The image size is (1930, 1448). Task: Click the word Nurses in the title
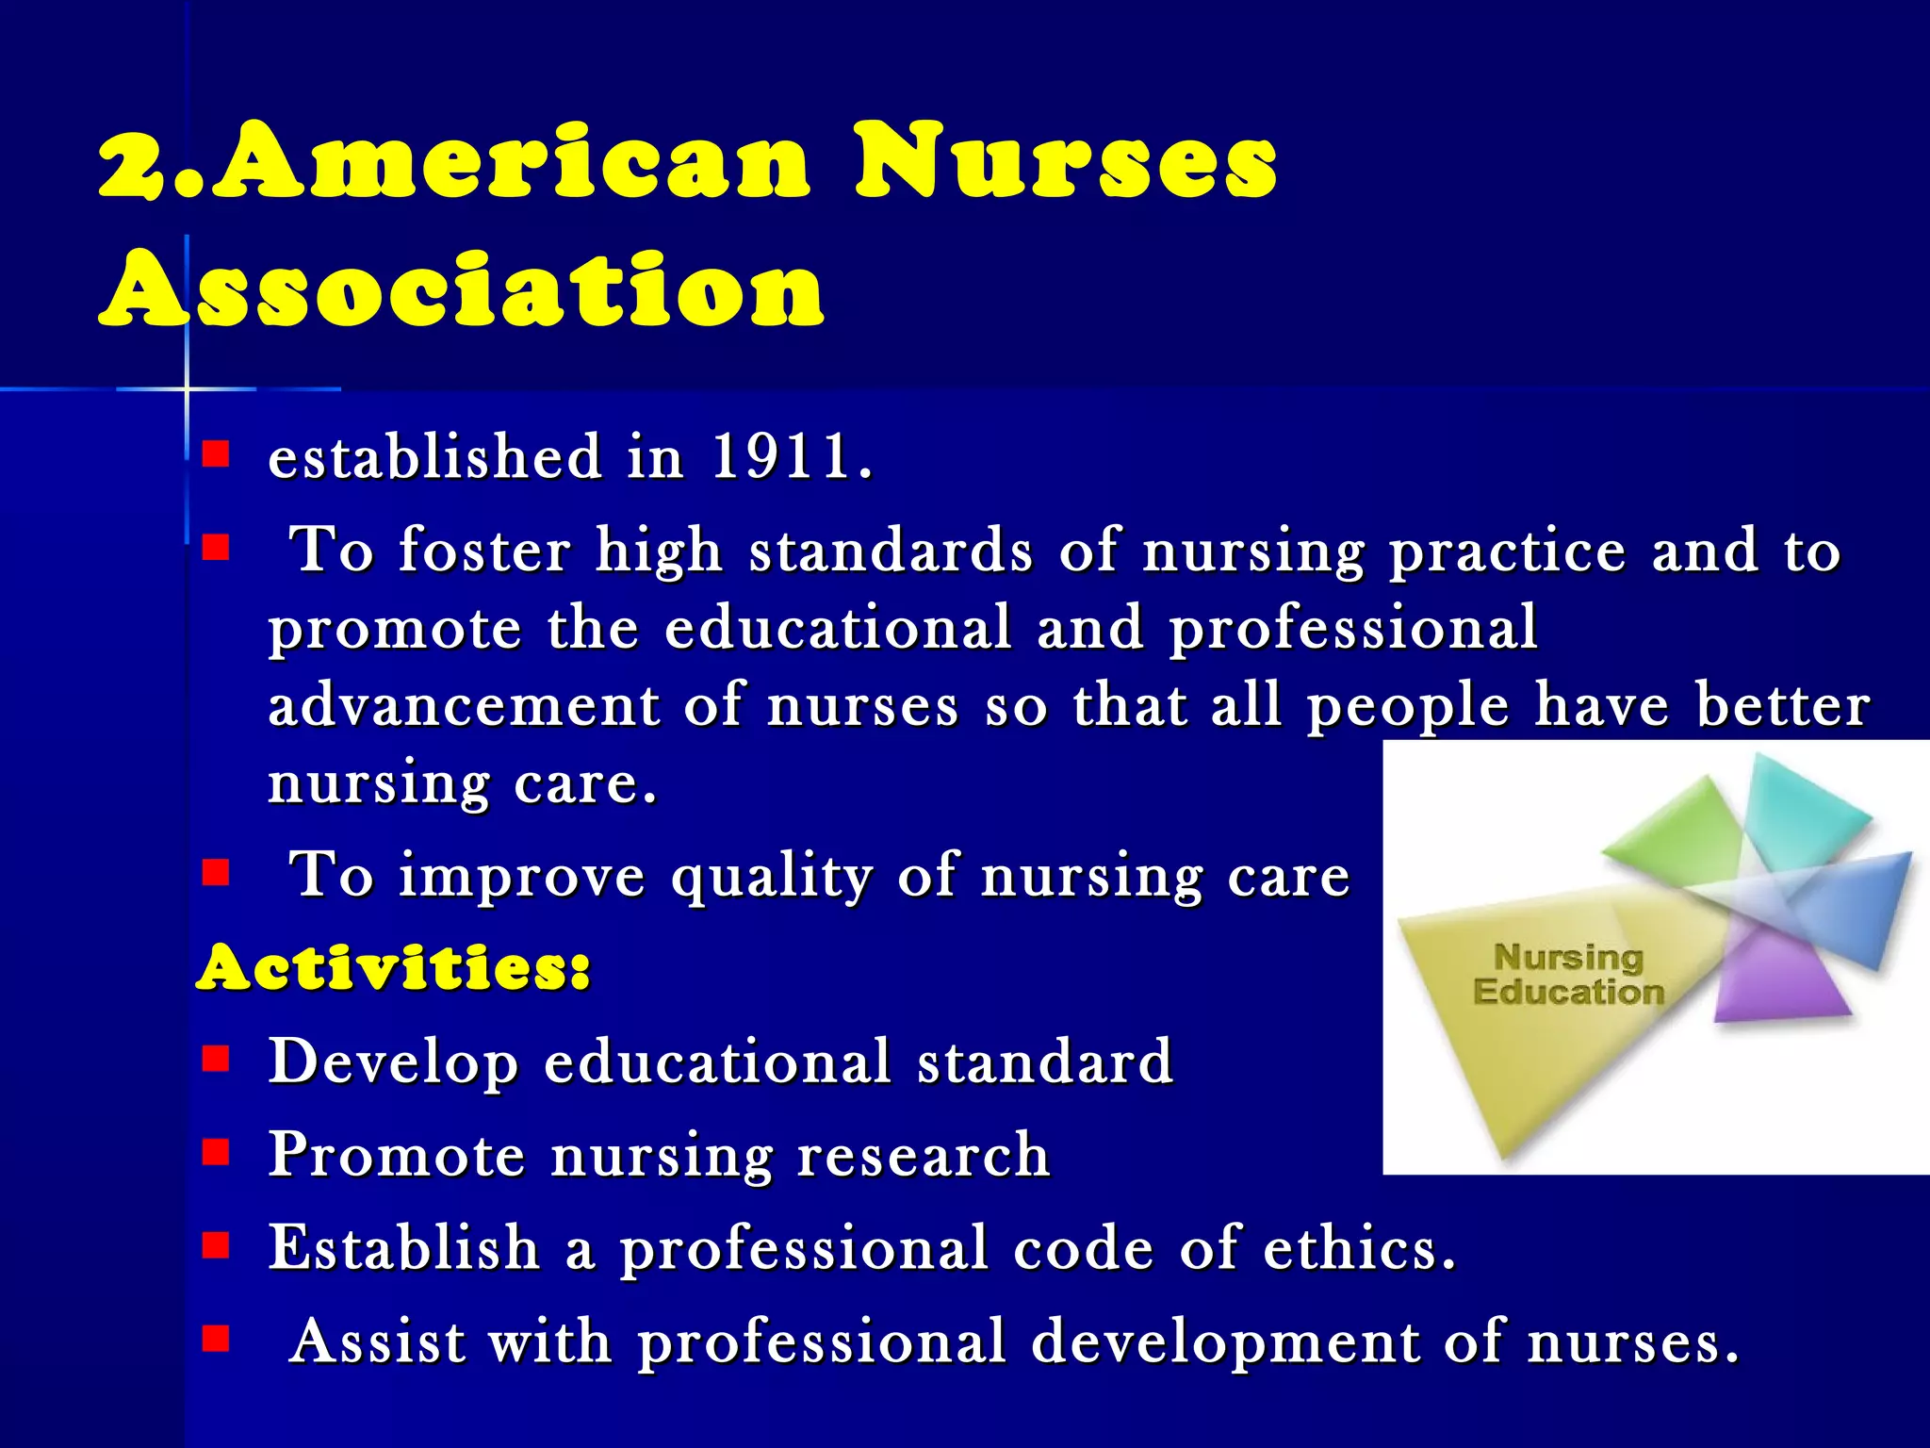pos(1065,162)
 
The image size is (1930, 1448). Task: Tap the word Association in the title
pos(462,290)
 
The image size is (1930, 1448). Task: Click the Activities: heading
pos(393,969)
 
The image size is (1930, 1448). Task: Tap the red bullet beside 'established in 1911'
pos(216,456)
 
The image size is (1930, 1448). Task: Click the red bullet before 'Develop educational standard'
pos(216,1060)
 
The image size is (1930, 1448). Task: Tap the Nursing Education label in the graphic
pos(1568,975)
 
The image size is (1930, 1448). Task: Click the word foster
pos(484,551)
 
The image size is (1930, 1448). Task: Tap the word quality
pos(771,877)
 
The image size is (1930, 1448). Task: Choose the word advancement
pos(464,706)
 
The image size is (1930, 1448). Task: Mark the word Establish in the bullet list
pos(403,1248)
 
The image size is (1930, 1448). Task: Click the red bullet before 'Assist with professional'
pos(216,1339)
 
